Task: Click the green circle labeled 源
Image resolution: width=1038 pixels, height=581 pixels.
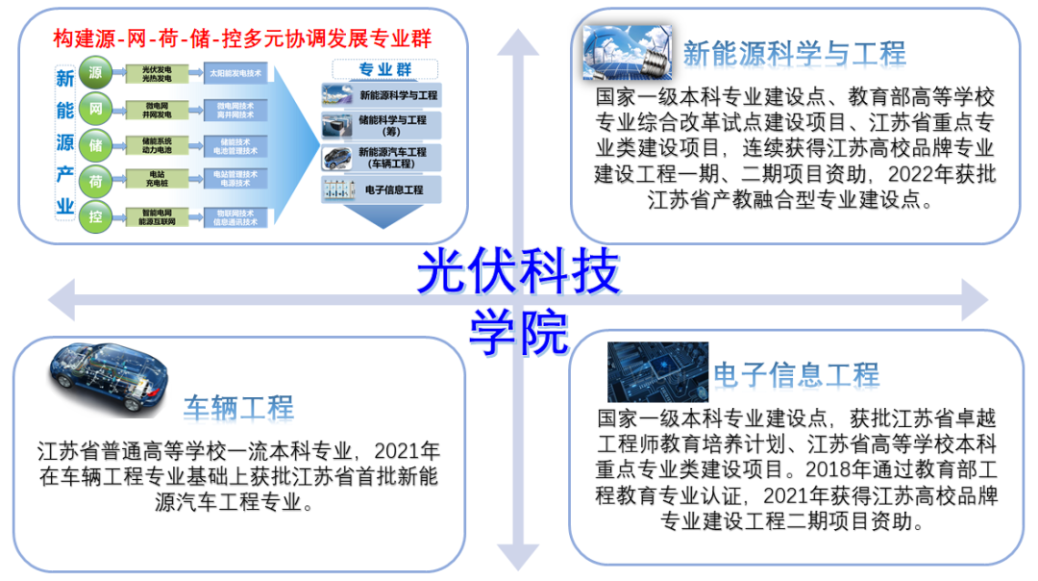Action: pyautogui.click(x=95, y=73)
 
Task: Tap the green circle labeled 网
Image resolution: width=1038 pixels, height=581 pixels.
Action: pyautogui.click(x=95, y=109)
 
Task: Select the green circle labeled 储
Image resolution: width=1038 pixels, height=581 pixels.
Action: pyautogui.click(x=95, y=145)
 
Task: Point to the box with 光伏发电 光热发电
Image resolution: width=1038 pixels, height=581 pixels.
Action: pyautogui.click(x=157, y=73)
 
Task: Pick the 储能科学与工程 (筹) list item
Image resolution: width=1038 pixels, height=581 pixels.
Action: pyautogui.click(x=382, y=126)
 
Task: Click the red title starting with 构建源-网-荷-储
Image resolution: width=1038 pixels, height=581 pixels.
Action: pyautogui.click(x=241, y=39)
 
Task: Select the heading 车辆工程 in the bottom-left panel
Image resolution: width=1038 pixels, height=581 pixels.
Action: pyautogui.click(x=238, y=407)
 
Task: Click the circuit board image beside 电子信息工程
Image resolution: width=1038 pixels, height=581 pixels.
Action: pyautogui.click(x=656, y=372)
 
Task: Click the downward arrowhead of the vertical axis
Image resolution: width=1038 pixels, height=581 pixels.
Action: pyautogui.click(x=517, y=555)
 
